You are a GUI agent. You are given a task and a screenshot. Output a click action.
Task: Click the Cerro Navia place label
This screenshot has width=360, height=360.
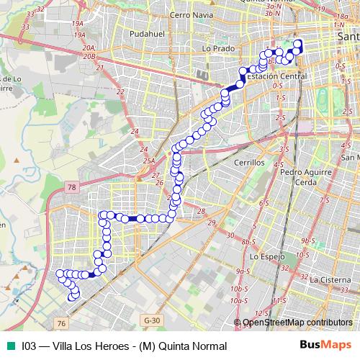pos(188,14)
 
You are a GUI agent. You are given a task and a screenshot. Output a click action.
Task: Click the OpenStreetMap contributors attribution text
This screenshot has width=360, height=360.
pos(297,323)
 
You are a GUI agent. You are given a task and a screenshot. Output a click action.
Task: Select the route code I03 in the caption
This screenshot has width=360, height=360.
pos(29,346)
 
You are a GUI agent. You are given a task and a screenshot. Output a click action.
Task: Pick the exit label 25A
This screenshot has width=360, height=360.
pos(148,161)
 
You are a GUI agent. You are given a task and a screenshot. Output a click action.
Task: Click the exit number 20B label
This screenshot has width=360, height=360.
pos(89,55)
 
